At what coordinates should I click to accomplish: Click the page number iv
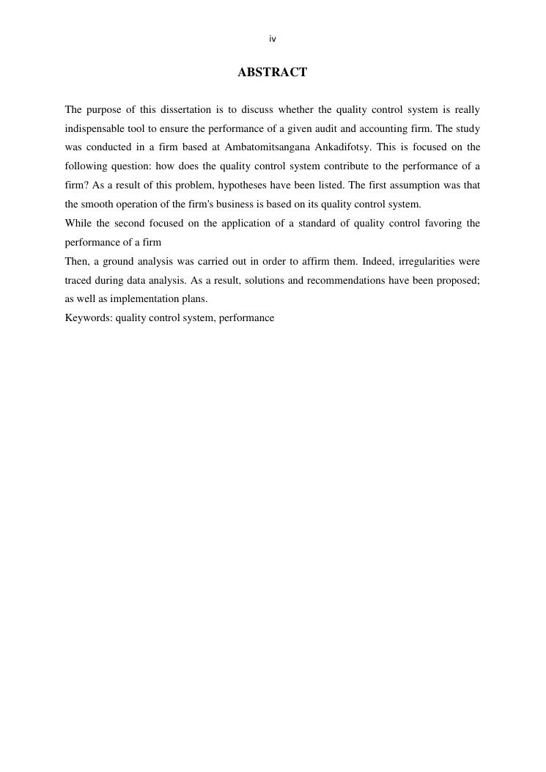273,39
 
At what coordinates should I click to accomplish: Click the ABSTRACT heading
273,72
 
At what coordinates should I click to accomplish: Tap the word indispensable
95,128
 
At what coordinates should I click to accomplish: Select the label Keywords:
88,318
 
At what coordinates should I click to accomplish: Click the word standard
317,224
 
